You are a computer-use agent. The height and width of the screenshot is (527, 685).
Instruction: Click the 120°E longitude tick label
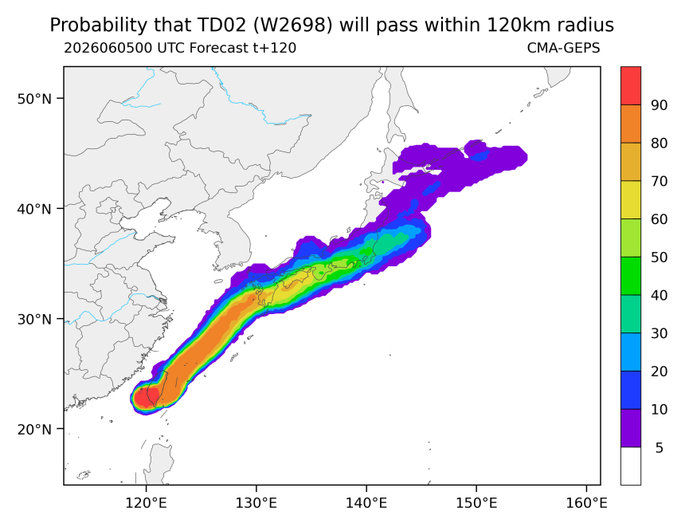[x=146, y=503]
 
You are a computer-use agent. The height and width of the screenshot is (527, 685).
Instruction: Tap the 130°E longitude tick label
[x=256, y=503]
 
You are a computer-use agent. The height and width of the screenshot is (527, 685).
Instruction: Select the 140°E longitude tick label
[x=366, y=503]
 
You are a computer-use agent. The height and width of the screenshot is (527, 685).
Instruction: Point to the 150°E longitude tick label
[x=476, y=503]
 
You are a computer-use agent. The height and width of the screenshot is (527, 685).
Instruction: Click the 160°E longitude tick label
[x=586, y=503]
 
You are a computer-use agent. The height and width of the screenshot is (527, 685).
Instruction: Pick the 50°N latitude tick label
[x=34, y=99]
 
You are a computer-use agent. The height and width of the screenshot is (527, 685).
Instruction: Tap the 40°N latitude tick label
[x=34, y=209]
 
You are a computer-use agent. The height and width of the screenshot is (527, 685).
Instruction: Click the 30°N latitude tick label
[x=34, y=319]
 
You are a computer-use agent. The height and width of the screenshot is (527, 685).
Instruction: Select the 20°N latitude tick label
[x=34, y=429]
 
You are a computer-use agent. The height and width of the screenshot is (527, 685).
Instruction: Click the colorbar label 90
[x=659, y=105]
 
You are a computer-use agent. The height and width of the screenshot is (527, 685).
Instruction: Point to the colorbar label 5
[x=660, y=447]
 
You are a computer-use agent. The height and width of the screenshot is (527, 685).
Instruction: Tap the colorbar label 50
[x=659, y=258]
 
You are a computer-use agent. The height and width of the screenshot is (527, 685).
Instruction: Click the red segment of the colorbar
[x=630, y=86]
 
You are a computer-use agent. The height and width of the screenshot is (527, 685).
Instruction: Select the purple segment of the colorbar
[x=630, y=427]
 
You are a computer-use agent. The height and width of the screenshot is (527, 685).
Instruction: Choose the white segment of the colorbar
[x=630, y=466]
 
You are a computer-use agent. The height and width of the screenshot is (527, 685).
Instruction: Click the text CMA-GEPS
[x=563, y=48]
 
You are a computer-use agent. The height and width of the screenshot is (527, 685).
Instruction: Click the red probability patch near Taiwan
[x=146, y=398]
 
